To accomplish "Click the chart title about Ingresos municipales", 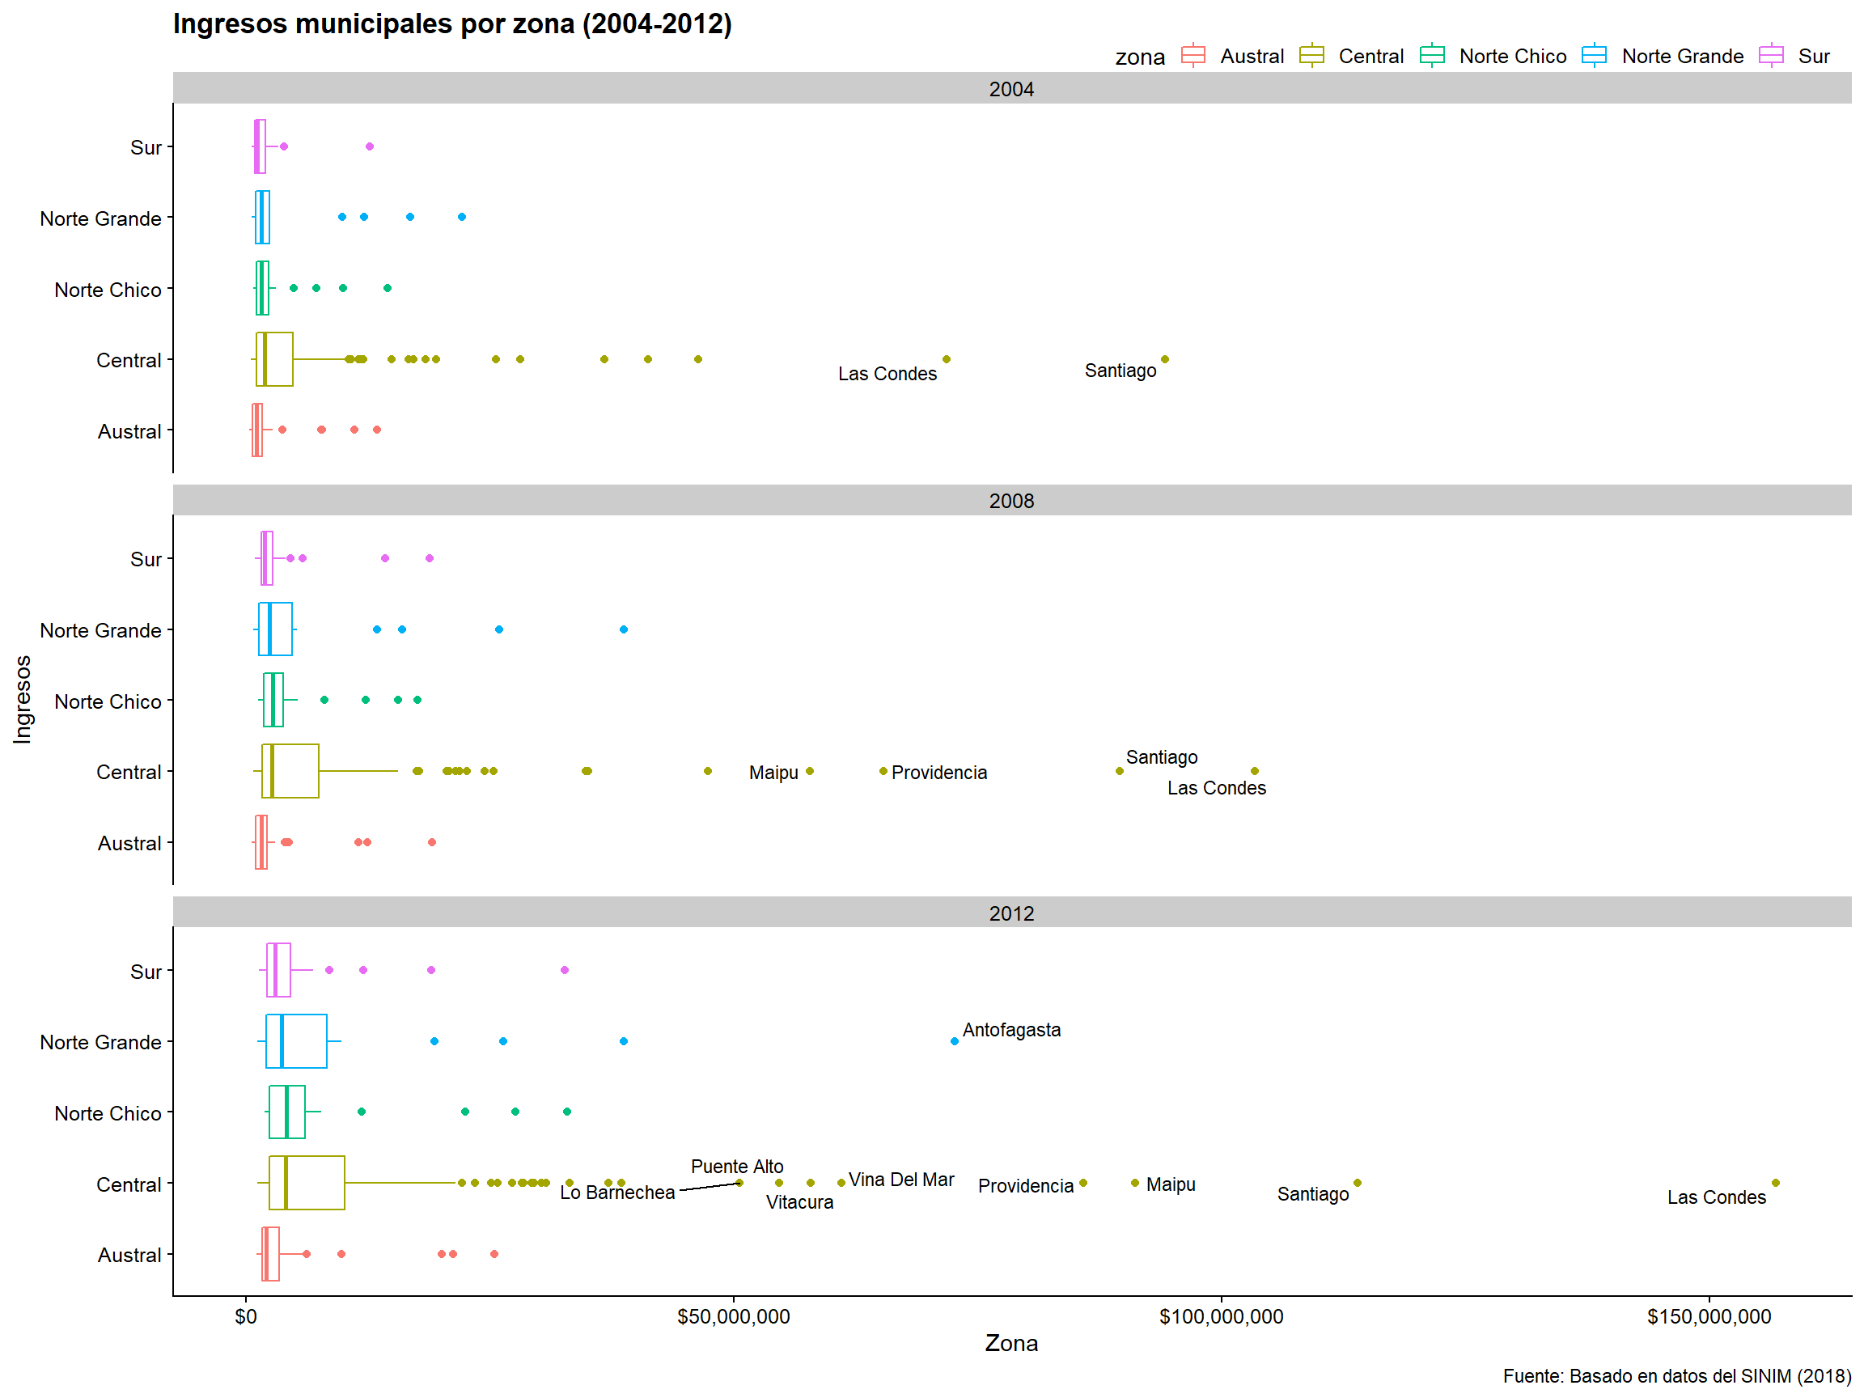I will [x=451, y=23].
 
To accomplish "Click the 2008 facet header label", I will [x=1010, y=501].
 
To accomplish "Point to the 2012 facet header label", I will [x=1010, y=913].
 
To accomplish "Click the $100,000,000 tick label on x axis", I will [x=1220, y=1317].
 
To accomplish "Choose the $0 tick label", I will [x=246, y=1317].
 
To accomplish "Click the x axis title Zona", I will [x=1010, y=1343].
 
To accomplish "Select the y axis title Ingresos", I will [x=23, y=700].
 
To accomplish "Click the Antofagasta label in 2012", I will [x=1010, y=1030].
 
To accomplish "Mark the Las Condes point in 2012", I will [x=1775, y=1183].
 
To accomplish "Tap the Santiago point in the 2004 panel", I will [x=1164, y=359].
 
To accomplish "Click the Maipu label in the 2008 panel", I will [x=773, y=773].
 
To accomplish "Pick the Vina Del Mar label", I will [x=900, y=1180].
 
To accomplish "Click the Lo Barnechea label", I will [x=616, y=1193].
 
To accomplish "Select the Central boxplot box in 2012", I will [x=307, y=1183].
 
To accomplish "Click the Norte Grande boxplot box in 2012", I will [x=297, y=1041].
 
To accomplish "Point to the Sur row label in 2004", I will [x=146, y=147].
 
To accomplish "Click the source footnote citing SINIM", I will [x=1676, y=1376].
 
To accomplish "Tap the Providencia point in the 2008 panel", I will [x=883, y=771].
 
